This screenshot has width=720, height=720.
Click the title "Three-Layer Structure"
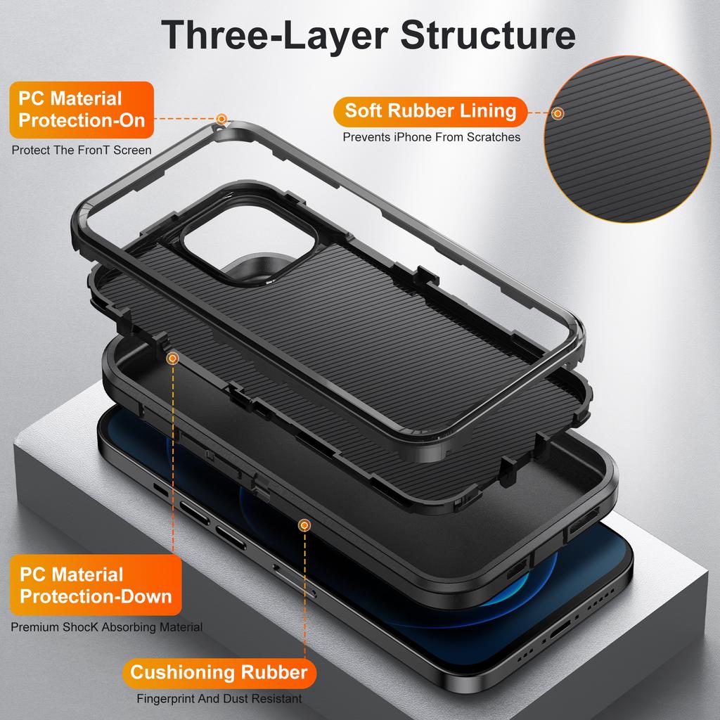368,35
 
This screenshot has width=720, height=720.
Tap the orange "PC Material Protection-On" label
82,109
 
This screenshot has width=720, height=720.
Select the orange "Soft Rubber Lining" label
430,111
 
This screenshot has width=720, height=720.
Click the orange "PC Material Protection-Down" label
96,585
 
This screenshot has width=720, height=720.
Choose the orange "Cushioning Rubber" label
219,672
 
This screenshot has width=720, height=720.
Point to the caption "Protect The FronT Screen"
82,150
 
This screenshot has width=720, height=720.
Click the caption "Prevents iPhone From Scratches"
432,137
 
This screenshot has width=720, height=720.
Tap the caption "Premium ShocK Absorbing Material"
107,627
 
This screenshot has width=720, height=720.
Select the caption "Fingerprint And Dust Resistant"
219,699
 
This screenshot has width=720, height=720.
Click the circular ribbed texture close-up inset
629,134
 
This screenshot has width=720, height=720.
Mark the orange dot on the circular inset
558,112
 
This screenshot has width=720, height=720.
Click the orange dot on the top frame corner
222,119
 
